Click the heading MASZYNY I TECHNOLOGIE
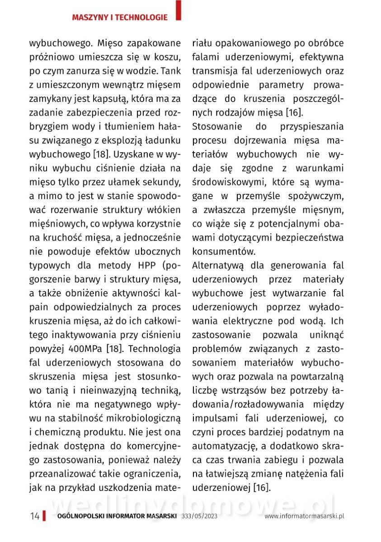tap(120, 18)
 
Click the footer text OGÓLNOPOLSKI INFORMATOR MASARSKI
tap(117, 516)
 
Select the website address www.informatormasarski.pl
tap(305, 516)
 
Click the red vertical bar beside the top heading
tap(179, 10)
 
